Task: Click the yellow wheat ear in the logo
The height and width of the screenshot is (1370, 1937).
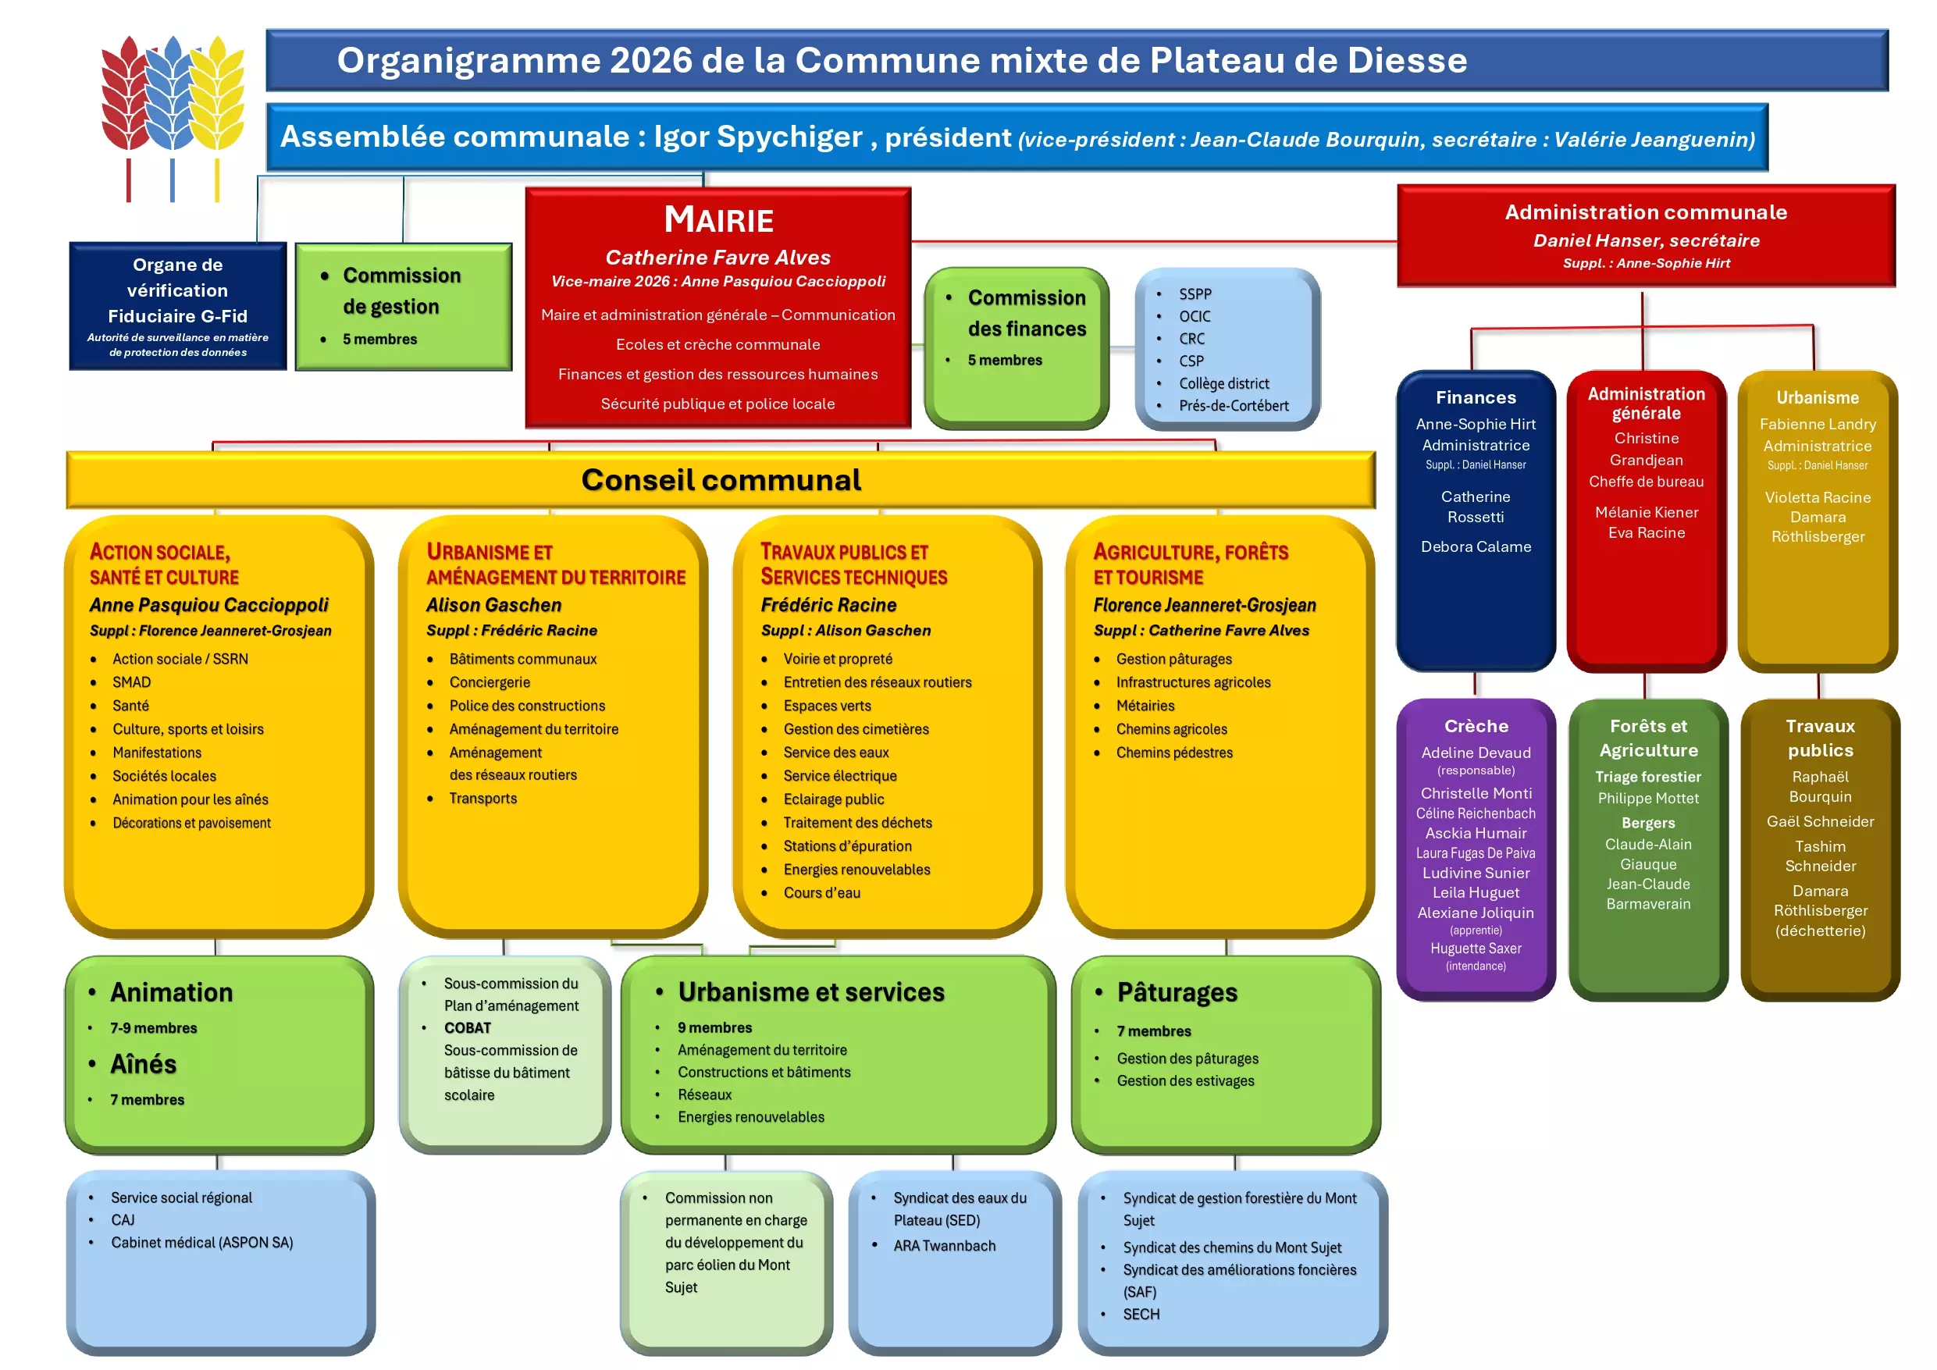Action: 218,93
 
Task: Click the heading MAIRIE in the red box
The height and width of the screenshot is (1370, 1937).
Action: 718,220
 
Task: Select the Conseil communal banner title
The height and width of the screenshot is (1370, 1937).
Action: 721,480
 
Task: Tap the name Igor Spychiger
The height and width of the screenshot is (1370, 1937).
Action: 757,137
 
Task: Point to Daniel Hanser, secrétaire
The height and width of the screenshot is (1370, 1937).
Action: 1646,240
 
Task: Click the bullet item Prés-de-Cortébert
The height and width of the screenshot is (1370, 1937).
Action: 1234,406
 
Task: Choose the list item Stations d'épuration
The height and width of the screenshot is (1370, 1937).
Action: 847,846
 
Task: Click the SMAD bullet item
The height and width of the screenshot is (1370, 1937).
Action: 132,682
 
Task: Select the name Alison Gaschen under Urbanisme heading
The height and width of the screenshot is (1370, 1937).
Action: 493,605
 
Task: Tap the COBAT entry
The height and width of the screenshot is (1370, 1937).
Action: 468,1028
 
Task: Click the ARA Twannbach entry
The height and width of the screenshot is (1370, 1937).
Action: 944,1246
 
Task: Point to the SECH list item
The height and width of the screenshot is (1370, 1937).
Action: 1141,1315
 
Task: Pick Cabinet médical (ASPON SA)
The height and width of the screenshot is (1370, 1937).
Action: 201,1243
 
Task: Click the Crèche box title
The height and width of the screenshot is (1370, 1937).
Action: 1476,726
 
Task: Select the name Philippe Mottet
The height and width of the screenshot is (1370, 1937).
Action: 1647,798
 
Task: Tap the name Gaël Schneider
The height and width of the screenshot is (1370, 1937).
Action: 1820,822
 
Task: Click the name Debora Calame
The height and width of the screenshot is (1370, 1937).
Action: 1476,546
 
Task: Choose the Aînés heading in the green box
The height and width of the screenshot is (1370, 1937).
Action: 144,1065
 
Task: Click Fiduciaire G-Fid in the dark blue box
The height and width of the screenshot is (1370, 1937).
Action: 177,316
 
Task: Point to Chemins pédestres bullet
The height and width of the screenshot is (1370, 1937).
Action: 1173,753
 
